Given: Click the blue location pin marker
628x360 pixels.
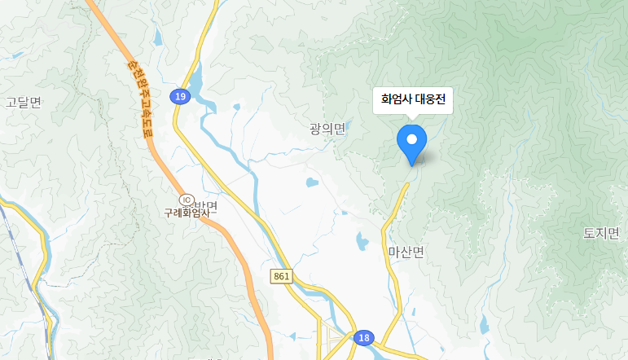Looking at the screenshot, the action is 411,143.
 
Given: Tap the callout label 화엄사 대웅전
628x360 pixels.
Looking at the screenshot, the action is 412,101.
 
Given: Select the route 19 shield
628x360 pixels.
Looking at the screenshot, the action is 180,97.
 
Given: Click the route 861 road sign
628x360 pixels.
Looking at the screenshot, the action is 282,277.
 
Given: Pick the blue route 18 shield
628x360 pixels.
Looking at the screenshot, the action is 363,338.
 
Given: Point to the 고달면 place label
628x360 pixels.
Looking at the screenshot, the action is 23,102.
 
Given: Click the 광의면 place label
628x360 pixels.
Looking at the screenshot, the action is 328,129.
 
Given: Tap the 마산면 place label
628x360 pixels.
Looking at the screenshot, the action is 406,252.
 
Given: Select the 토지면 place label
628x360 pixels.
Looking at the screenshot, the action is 602,234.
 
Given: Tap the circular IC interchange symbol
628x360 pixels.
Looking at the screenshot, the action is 186,200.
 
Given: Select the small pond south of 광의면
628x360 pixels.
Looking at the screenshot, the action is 311,182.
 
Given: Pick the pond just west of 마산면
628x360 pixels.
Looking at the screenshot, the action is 361,240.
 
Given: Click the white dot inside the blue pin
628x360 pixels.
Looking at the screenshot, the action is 411,139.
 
